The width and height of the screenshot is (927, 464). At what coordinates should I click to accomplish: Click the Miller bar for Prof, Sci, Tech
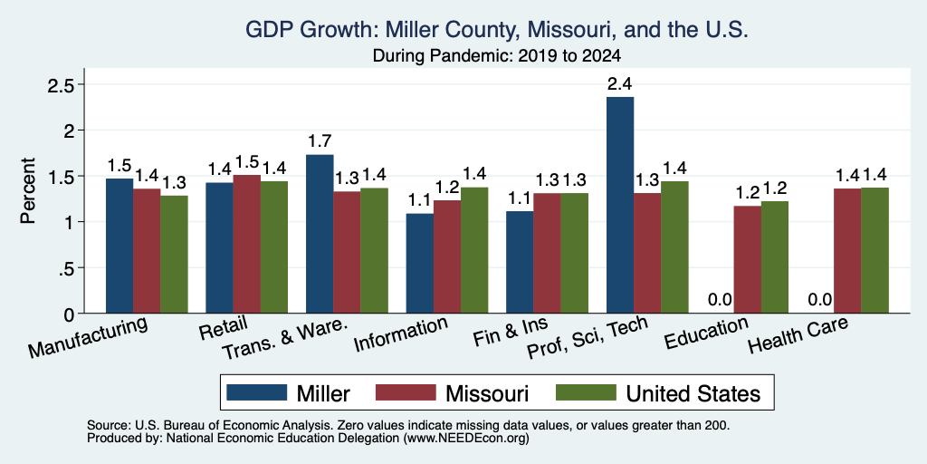[620, 205]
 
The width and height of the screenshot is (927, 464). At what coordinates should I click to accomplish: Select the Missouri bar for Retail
[246, 244]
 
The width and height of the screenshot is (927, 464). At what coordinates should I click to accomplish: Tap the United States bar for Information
[474, 250]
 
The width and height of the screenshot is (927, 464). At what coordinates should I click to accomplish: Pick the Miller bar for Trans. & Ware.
[320, 234]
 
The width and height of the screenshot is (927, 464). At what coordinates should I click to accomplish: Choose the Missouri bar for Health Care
[847, 251]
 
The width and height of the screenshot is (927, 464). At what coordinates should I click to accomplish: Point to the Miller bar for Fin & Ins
[520, 262]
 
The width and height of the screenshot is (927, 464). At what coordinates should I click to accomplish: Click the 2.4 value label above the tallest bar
[620, 84]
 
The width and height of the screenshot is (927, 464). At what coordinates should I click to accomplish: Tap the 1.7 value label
[320, 142]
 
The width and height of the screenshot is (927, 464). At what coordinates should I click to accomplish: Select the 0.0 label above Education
[720, 300]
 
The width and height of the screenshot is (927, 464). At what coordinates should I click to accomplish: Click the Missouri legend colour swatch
[406, 392]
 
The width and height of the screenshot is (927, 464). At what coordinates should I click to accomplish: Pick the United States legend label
[693, 393]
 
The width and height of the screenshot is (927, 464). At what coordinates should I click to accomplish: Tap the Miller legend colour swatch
[256, 392]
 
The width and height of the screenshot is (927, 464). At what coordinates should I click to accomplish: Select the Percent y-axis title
[28, 190]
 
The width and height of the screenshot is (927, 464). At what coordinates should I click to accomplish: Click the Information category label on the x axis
[400, 334]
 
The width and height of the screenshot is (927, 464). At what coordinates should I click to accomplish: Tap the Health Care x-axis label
[798, 334]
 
